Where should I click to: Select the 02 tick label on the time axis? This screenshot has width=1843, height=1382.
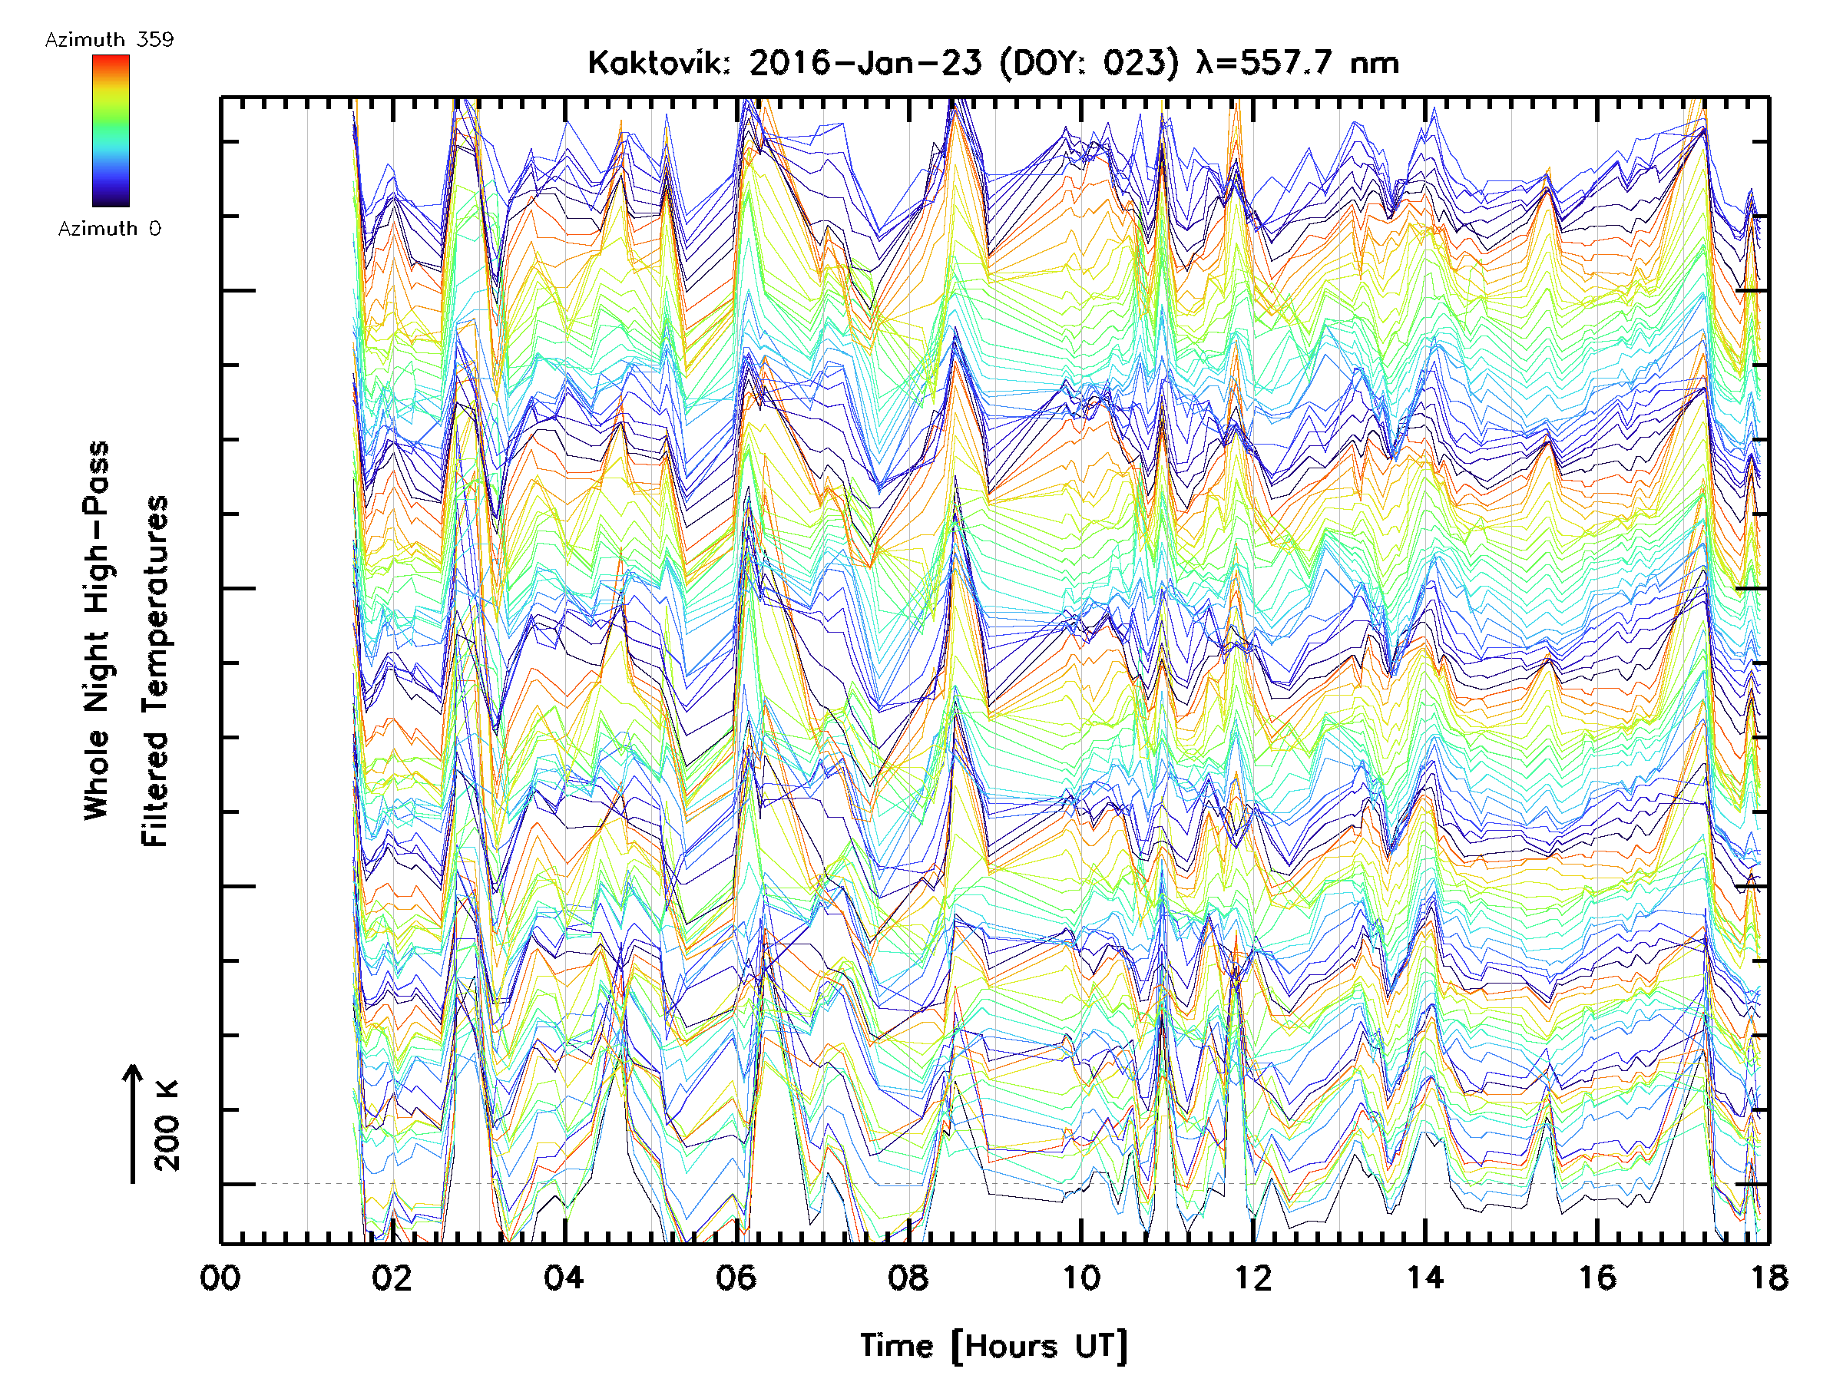(392, 1278)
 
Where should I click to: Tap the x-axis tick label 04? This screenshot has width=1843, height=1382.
(564, 1278)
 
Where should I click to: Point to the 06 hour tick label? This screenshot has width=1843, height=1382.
(736, 1278)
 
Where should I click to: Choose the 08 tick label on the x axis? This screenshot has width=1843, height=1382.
(908, 1278)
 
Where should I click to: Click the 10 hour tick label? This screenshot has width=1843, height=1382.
(1080, 1278)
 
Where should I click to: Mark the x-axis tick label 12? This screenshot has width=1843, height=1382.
(1253, 1278)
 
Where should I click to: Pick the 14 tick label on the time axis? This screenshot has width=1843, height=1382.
(1425, 1278)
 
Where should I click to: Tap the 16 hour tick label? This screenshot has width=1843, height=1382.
(1597, 1278)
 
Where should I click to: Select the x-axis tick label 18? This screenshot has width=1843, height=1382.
(1769, 1278)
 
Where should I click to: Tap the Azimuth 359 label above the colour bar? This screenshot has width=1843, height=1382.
(109, 40)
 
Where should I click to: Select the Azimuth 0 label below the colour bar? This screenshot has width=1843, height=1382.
(109, 228)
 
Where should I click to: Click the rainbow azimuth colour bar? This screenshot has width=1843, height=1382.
(111, 131)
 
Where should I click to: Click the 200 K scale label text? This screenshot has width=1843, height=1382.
(167, 1126)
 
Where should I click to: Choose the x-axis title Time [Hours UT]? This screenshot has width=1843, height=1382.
(993, 1346)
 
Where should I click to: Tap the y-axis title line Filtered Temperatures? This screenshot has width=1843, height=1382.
(155, 672)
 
